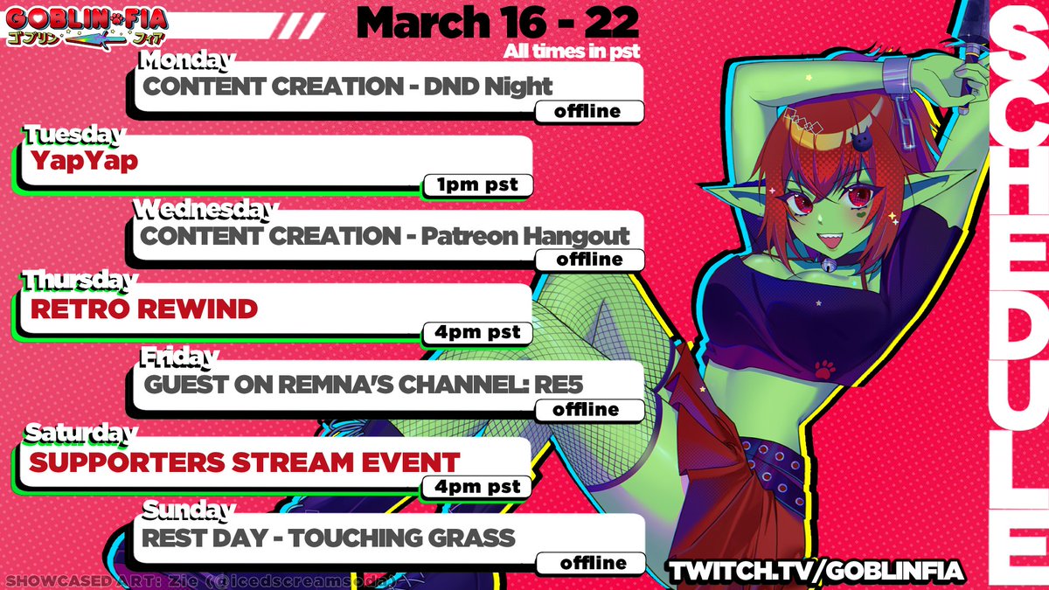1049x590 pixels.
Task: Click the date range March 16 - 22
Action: pos(498,22)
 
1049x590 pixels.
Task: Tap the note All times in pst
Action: pos(572,52)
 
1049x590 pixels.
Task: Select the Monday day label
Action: pos(187,61)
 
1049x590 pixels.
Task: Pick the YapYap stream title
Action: pos(84,161)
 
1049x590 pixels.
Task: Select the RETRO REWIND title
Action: pos(144,308)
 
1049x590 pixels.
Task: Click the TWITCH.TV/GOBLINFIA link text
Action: pos(816,570)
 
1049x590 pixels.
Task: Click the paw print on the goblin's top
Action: pos(822,367)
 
